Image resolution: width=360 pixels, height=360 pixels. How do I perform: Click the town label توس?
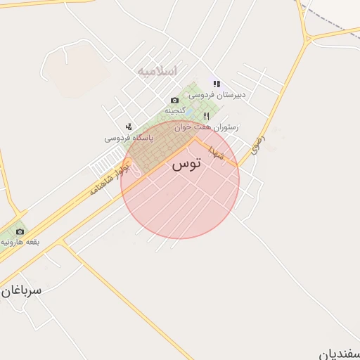click(x=186, y=165)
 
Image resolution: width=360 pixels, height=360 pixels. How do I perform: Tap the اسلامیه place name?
click(x=157, y=71)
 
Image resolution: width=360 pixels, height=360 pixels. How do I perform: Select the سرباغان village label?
click(x=21, y=289)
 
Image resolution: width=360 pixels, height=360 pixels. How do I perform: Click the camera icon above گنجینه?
click(x=175, y=101)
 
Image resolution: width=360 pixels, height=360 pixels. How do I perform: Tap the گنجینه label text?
click(x=175, y=111)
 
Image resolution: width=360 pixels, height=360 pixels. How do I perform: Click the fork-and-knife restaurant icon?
click(x=206, y=117)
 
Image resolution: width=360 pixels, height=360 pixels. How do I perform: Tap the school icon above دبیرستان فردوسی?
click(x=217, y=84)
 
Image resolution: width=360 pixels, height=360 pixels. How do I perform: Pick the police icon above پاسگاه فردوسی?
click(x=129, y=127)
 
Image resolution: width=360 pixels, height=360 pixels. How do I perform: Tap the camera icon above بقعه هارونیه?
click(x=20, y=231)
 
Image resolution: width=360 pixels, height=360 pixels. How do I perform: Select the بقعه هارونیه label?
click(x=20, y=242)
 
